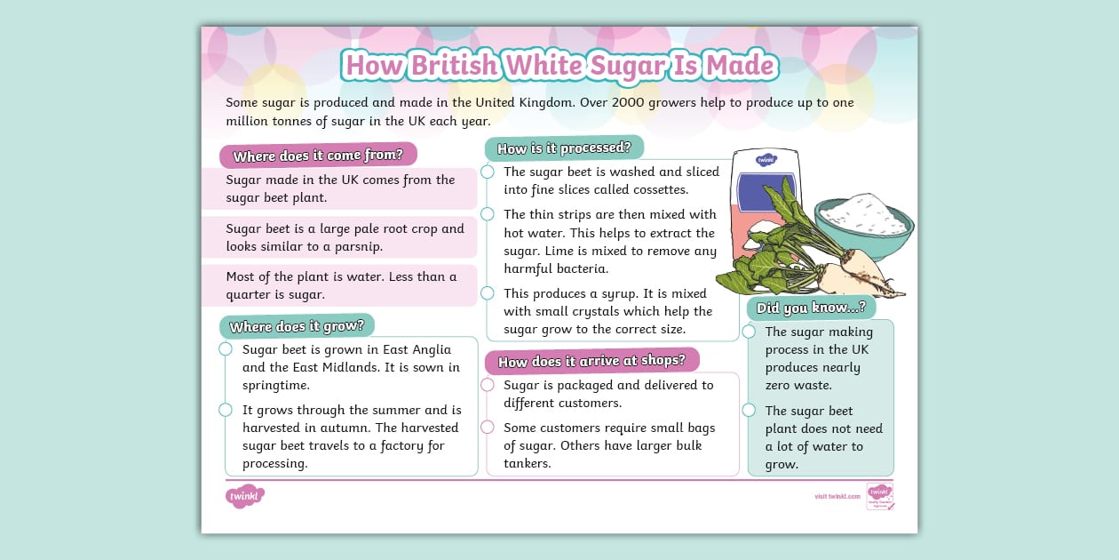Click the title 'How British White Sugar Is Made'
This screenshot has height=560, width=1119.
coord(560,65)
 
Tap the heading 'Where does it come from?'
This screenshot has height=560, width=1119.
coord(318,156)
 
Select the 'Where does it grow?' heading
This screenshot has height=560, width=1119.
coord(297,326)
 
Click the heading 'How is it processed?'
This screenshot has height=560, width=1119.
coord(564,148)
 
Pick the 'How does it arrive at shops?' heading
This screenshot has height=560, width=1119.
coord(591,361)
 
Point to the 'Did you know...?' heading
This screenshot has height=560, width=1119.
coord(811,308)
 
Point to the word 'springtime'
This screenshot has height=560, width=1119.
coord(275,385)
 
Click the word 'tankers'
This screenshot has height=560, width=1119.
coord(527,463)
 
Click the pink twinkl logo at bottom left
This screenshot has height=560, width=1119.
coord(245,496)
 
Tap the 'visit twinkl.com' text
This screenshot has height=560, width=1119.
coord(837,496)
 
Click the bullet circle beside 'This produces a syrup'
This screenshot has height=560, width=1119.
coord(488,293)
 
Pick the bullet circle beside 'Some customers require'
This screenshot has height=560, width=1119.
coord(488,428)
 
